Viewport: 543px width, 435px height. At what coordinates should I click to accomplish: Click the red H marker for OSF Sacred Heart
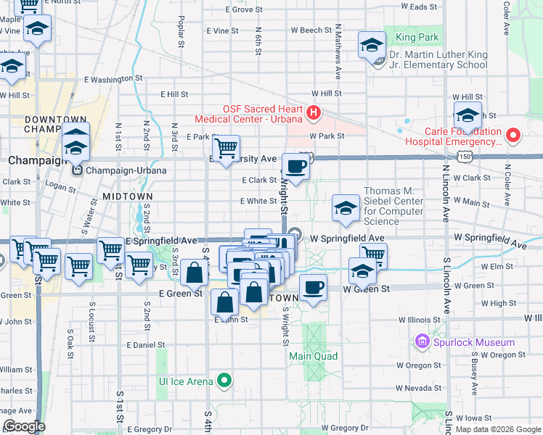click(x=313, y=112)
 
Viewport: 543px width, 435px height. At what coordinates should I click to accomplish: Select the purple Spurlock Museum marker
click(x=422, y=341)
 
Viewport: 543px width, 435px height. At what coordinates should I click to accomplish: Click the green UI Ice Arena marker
click(x=225, y=380)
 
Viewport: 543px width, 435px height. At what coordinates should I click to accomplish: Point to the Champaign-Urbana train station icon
click(x=78, y=170)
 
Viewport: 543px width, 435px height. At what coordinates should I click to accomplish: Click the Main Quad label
click(x=314, y=356)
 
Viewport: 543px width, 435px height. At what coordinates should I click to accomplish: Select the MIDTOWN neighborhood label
click(x=127, y=196)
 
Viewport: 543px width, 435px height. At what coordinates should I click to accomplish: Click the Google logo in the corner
click(x=24, y=427)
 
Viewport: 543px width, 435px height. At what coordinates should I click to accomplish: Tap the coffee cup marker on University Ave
click(x=295, y=167)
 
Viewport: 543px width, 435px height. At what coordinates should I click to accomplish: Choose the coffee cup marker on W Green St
click(x=313, y=287)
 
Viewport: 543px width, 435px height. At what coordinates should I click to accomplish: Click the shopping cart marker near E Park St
click(x=226, y=148)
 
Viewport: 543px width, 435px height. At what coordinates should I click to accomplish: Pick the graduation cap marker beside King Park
click(x=372, y=45)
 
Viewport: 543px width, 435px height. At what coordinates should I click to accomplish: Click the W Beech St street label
click(x=311, y=30)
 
